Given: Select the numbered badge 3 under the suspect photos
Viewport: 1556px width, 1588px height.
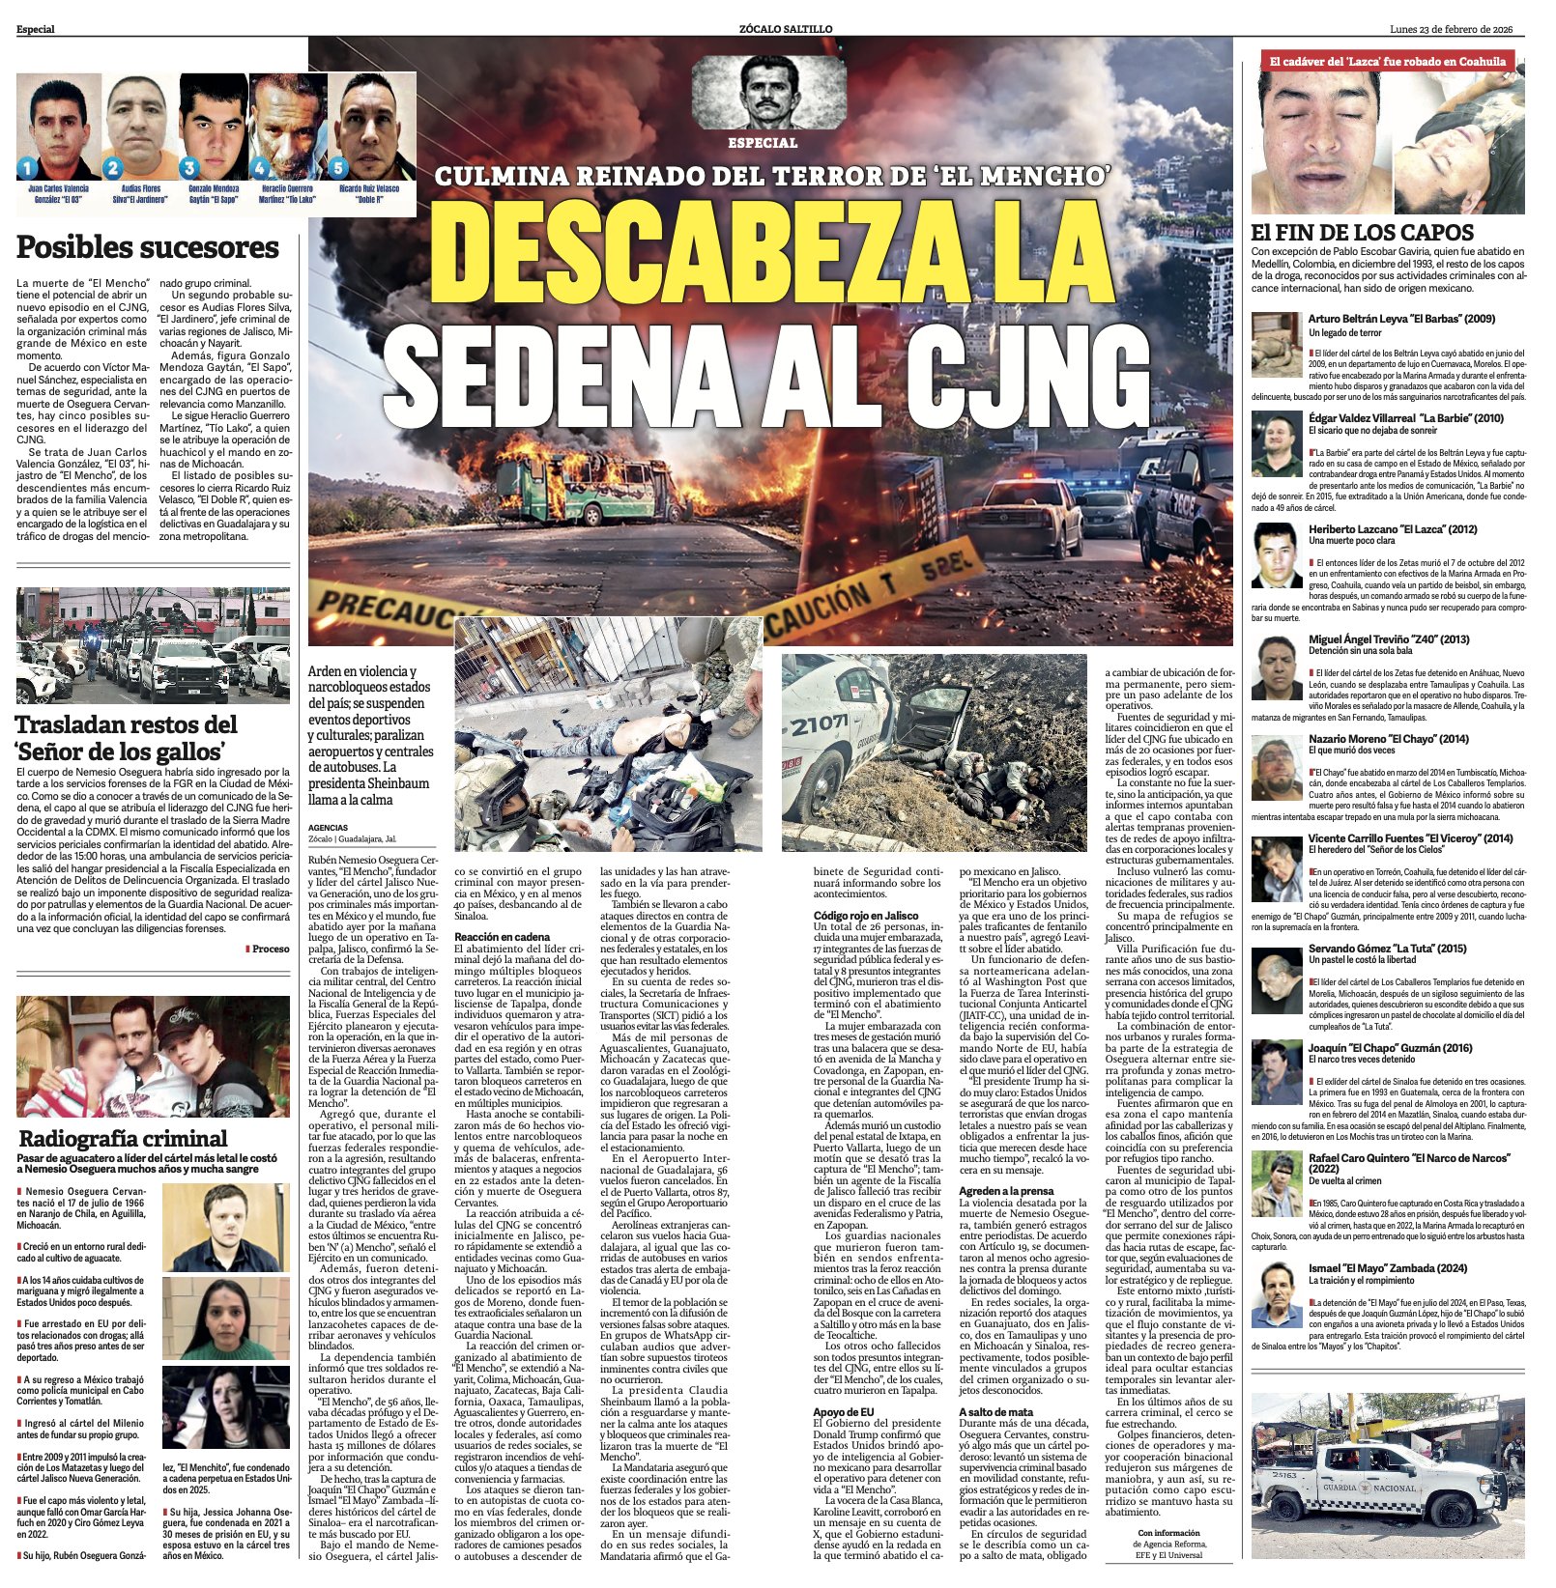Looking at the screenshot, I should point(189,167).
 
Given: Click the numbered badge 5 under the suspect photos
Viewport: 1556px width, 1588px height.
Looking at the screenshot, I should point(338,167).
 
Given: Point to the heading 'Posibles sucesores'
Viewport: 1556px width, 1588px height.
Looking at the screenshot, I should point(148,247).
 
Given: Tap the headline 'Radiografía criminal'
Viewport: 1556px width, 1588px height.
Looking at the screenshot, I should point(123,1138).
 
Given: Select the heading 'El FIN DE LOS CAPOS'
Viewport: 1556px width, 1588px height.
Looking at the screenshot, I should point(1362,232).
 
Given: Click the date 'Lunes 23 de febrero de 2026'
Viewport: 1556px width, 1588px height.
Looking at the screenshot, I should point(1451,29).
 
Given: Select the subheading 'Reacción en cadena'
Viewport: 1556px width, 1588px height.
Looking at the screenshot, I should point(503,937).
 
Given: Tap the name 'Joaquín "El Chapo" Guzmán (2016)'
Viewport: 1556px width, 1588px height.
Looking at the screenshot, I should point(1391,1047).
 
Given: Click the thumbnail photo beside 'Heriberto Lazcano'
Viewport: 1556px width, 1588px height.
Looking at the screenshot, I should point(1277,555).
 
